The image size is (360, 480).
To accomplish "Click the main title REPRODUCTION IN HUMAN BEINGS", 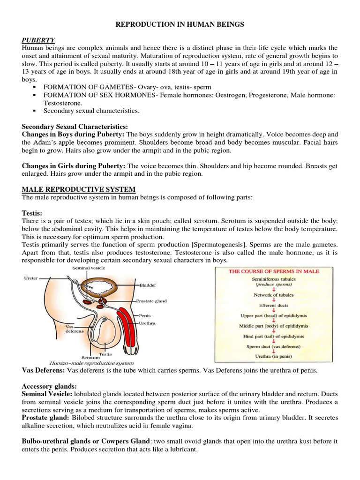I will [180, 24].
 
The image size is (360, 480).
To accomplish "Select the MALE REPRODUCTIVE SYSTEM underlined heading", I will [79, 189].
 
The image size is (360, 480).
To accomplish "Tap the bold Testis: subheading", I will [32, 212].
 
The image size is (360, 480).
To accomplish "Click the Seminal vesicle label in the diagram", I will [88, 268].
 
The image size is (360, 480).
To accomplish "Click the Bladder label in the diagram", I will [148, 285].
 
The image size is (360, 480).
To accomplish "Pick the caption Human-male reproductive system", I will [91, 363].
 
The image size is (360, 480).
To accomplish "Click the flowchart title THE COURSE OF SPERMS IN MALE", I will [274, 271].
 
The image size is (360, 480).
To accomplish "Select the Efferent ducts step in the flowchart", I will [274, 305].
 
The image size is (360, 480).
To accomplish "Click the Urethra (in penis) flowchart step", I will [274, 356].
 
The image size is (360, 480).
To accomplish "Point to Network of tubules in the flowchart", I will [274, 295].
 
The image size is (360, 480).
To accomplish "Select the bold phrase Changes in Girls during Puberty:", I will [74, 166].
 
